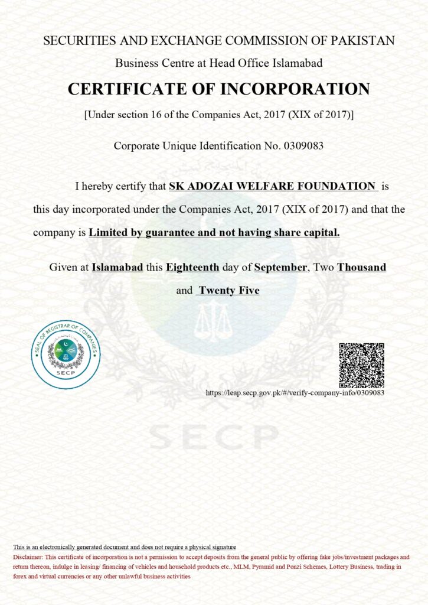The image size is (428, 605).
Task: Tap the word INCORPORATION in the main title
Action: click(295, 89)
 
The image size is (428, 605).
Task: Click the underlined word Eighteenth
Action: click(192, 267)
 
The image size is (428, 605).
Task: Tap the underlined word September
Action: click(280, 267)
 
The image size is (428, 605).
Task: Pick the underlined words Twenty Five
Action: click(229, 290)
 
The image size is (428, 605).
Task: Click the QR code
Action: click(361, 365)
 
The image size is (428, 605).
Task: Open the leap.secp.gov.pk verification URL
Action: click(295, 393)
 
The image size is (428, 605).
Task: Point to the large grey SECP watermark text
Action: click(213, 436)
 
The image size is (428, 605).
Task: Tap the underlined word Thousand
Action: click(361, 267)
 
